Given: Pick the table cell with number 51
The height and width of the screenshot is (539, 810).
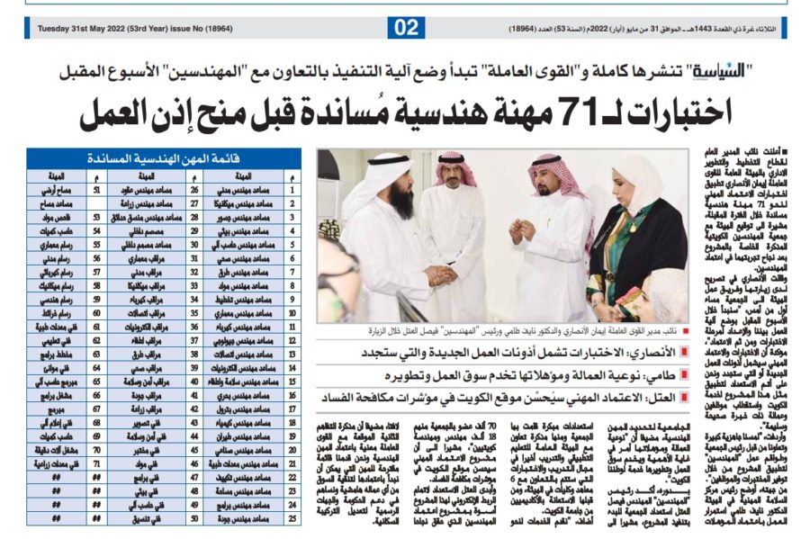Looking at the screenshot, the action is point(96,190).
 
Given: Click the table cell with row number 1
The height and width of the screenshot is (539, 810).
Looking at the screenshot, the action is point(292,190).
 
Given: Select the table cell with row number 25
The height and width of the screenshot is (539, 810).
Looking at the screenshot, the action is point(292,519).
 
